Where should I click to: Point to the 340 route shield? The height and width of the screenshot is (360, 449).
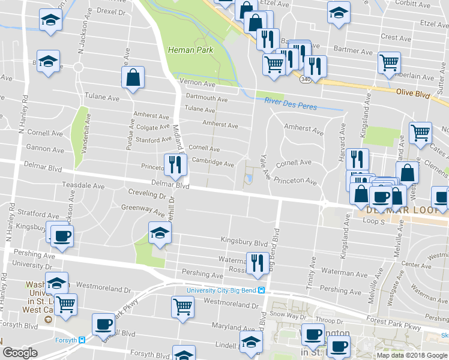point(306,79)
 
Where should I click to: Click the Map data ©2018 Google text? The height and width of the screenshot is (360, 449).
point(411,355)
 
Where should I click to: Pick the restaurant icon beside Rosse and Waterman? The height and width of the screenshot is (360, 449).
point(257,263)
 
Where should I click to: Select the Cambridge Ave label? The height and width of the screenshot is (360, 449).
point(212,163)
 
